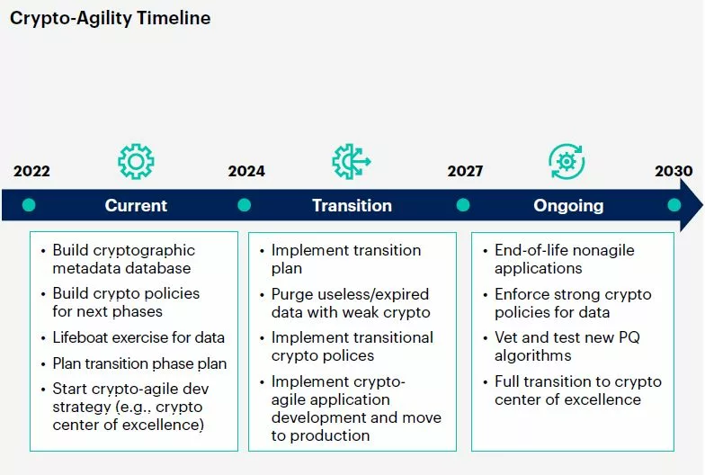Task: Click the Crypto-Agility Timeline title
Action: tap(110, 18)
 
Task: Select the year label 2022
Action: tap(31, 171)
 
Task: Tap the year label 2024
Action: tap(246, 171)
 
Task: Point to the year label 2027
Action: tap(465, 171)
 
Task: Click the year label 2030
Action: tap(674, 171)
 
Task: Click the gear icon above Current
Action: tap(137, 162)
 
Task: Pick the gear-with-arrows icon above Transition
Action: tap(352, 162)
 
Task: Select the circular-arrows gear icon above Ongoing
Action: tap(567, 162)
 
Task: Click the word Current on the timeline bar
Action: tap(136, 205)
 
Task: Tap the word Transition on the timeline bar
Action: tap(352, 205)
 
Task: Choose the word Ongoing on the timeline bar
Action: tap(568, 206)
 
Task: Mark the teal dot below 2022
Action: tap(29, 205)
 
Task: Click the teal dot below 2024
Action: tap(245, 205)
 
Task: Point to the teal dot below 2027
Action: tap(463, 205)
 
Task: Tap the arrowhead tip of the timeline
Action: tap(702, 205)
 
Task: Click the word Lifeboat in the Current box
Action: tap(80, 337)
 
